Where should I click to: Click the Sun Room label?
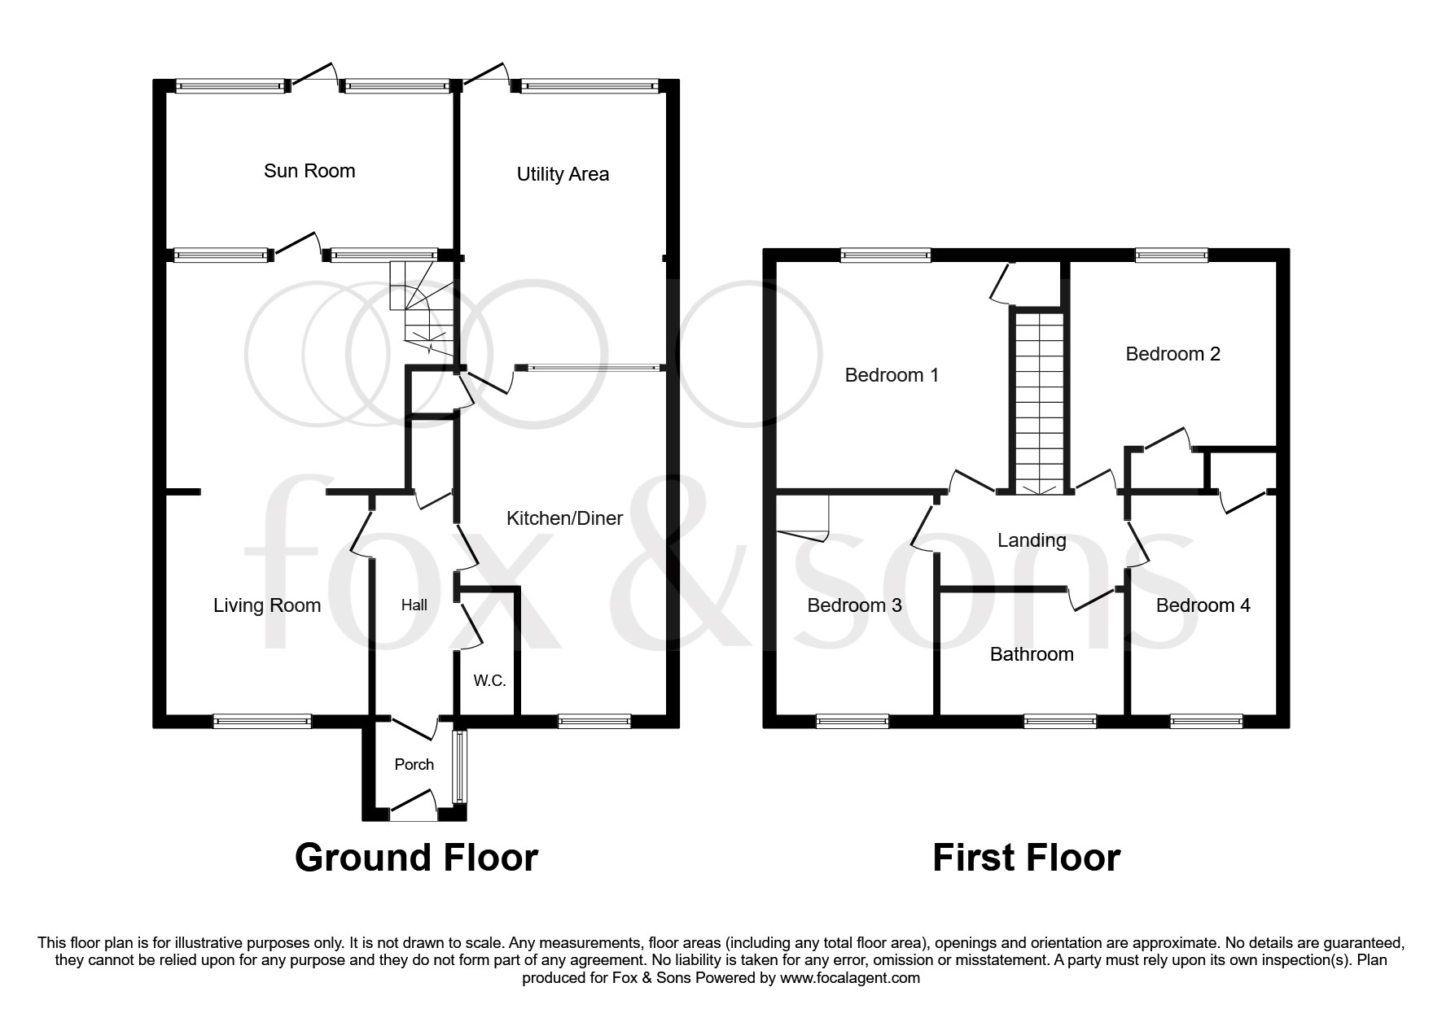[309, 171]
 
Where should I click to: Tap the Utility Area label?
[563, 174]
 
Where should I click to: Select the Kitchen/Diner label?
[564, 518]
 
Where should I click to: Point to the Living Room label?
[267, 605]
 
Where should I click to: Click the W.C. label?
[489, 680]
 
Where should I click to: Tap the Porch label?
[414, 764]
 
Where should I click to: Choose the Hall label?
[414, 605]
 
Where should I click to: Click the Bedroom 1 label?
[892, 375]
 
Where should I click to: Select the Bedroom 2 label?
[1172, 354]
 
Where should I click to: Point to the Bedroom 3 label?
[854, 605]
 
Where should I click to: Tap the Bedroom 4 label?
[1203, 605]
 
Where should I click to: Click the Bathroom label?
[1032, 654]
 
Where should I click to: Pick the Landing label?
[1032, 540]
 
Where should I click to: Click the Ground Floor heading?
[416, 858]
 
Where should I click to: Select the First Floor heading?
[1026, 858]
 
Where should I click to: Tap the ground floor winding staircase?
[419, 305]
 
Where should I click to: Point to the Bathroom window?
[1059, 720]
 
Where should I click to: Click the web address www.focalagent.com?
[849, 978]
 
